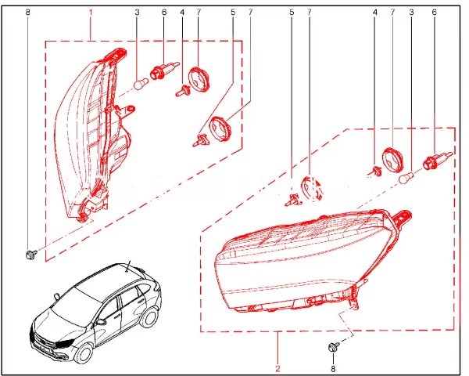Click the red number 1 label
tap(91, 13)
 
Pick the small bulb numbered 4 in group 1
tap(181, 90)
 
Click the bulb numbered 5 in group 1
tap(200, 141)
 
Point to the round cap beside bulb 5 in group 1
tap(224, 126)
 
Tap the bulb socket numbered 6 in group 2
tap(432, 164)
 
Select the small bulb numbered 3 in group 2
tap(406, 179)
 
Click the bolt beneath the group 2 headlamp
tap(333, 347)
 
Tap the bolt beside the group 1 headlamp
tap(30, 254)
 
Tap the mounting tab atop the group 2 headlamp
tap(403, 213)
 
